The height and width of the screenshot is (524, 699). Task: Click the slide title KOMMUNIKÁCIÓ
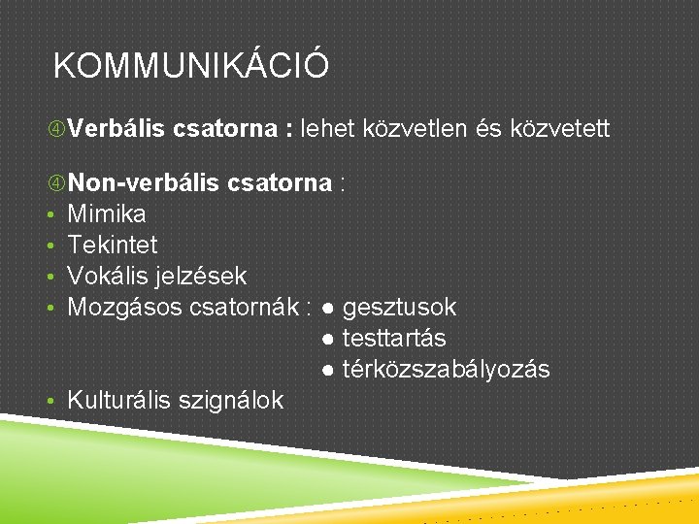(x=191, y=67)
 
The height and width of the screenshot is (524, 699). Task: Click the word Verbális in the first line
(x=112, y=128)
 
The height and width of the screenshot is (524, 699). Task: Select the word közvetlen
(x=419, y=128)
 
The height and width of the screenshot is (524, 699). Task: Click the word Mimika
(x=107, y=213)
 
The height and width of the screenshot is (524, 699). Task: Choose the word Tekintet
(x=112, y=245)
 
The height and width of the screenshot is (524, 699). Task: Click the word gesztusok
(x=399, y=308)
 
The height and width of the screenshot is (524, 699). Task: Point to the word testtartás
(x=394, y=339)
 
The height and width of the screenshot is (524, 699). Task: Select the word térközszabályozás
(x=446, y=370)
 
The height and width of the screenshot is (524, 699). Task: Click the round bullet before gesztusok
(x=331, y=309)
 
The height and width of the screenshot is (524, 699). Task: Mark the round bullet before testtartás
(x=331, y=340)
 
